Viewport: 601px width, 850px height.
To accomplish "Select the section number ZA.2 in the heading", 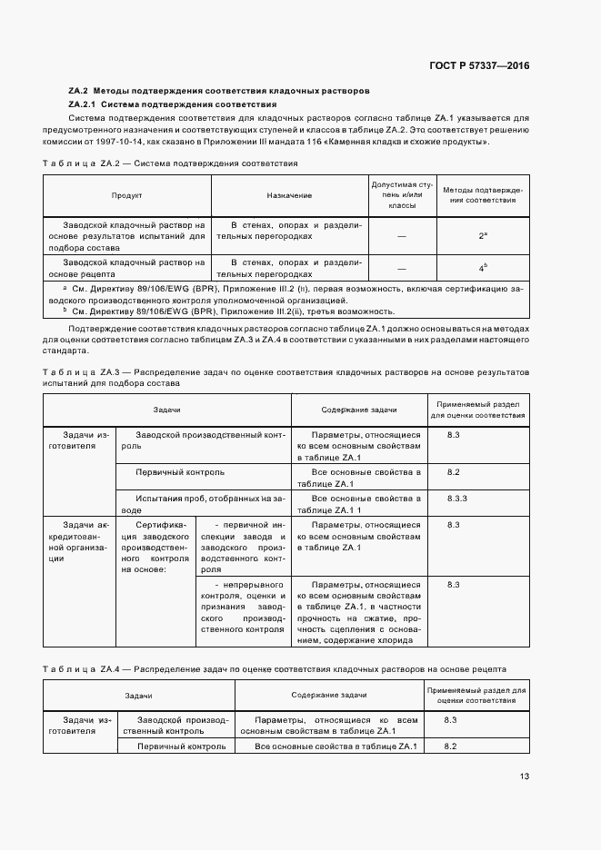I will (x=77, y=92).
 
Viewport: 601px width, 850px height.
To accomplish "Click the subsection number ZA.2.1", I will (x=83, y=104).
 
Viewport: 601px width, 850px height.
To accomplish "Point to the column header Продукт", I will (x=126, y=195).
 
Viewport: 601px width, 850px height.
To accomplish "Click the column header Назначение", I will (x=289, y=195).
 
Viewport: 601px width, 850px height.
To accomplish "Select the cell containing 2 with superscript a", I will (x=484, y=235).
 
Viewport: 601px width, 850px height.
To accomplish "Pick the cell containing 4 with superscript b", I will (x=484, y=268).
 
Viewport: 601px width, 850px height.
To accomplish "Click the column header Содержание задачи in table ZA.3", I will (x=359, y=410).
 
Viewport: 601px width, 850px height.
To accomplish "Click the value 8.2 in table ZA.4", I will (x=450, y=746).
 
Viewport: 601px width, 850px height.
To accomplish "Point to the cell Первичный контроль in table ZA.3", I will (x=180, y=472).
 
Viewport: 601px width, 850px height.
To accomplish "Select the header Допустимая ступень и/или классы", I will (x=401, y=195).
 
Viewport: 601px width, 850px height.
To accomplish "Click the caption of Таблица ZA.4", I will (x=274, y=668).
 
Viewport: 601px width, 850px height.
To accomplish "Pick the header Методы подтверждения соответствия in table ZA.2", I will (x=484, y=195).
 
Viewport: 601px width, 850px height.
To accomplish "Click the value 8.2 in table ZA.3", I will (x=454, y=472).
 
